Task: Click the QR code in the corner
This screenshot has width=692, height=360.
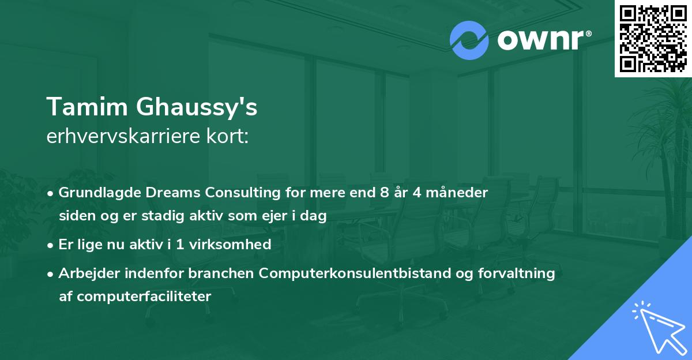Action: click(x=653, y=39)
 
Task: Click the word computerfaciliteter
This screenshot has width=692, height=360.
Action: click(x=151, y=297)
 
